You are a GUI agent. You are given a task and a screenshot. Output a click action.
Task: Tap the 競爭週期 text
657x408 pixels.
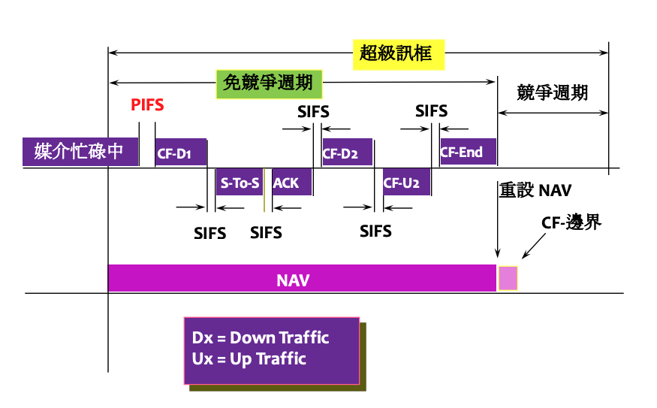point(552,93)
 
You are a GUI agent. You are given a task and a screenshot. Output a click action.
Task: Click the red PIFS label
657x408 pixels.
point(147,104)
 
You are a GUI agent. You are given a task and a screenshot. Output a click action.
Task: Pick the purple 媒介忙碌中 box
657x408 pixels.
point(80,152)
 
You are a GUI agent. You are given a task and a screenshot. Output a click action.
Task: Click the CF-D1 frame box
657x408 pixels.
point(180,153)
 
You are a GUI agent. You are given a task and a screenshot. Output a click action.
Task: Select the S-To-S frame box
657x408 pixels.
point(239,183)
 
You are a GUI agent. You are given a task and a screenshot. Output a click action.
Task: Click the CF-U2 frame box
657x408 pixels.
point(405,183)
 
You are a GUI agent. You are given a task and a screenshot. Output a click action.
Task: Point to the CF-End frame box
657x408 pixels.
point(468,153)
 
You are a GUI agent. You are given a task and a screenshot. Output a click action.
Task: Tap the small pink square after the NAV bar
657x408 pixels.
point(508,278)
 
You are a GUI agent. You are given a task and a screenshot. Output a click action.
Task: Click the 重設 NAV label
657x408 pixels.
point(535,191)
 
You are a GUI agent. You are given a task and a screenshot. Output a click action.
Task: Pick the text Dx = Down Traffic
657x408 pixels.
point(261,338)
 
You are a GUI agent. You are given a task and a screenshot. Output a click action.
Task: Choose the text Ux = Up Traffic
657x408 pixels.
point(249,358)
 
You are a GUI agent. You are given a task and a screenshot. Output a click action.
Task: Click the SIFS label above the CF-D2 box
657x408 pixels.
point(313,113)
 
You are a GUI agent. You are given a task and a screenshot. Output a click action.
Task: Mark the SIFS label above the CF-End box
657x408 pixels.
point(432,111)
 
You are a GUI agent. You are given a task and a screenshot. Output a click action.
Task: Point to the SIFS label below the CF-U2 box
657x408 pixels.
point(375,231)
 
